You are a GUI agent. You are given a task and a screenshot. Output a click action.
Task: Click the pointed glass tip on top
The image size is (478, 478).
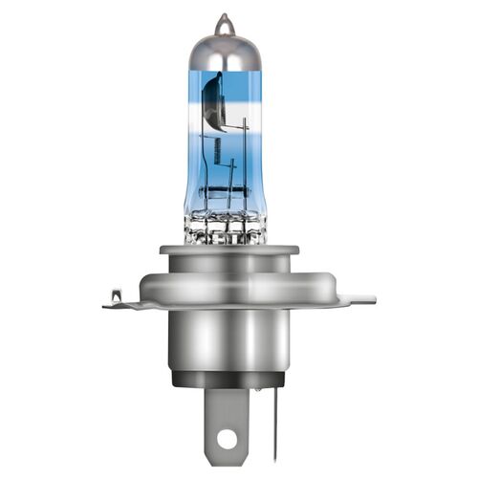tap(223, 22)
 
